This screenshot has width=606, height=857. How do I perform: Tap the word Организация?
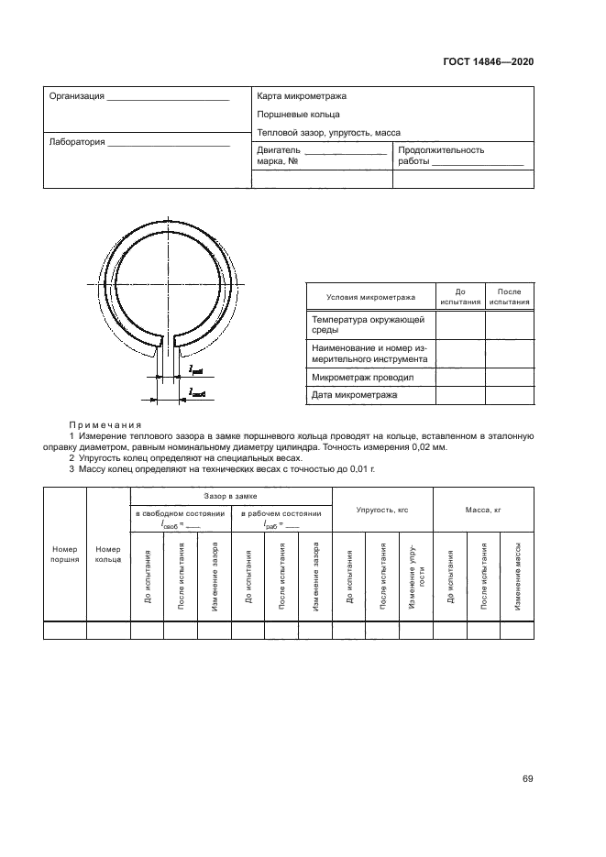pyautogui.click(x=76, y=96)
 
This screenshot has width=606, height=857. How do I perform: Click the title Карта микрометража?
pyautogui.click(x=302, y=96)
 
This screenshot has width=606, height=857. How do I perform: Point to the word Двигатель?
pyautogui.click(x=279, y=150)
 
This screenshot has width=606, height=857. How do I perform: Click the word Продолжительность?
pyautogui.click(x=441, y=150)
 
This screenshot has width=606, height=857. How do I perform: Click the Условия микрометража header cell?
pyautogui.click(x=369, y=297)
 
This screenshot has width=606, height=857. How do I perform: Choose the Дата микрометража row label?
pyautogui.click(x=355, y=395)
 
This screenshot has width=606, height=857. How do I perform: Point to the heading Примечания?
pyautogui.click(x=105, y=425)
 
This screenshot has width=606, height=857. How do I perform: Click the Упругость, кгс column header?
pyautogui.click(x=381, y=508)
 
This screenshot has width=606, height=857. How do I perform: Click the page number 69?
pyautogui.click(x=527, y=780)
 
